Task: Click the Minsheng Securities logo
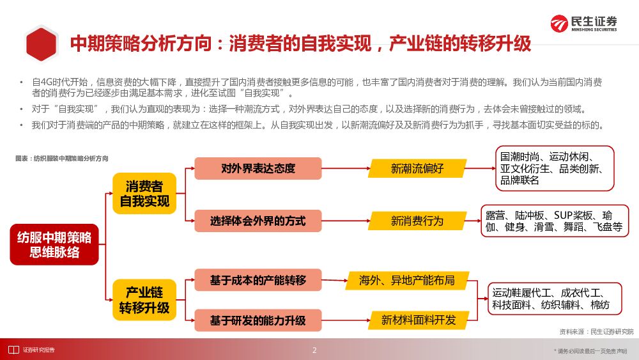coord(584,24)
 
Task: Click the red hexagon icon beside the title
coord(42,43)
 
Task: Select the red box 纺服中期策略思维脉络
coord(54,244)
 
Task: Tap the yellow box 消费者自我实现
coord(144,194)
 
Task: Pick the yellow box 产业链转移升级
coord(144,300)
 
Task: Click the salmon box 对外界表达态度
coord(258,168)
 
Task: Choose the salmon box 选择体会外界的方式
coord(258,221)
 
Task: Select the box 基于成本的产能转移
coord(258,280)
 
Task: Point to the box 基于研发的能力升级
coord(258,320)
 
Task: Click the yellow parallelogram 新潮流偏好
coord(417,169)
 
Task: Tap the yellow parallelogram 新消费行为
coord(417,221)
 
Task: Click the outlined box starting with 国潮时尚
coord(554,168)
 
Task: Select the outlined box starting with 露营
coord(555,221)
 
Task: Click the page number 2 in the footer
coord(314,350)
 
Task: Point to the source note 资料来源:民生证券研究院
coord(596,331)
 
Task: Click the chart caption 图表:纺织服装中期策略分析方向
coord(62,158)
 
